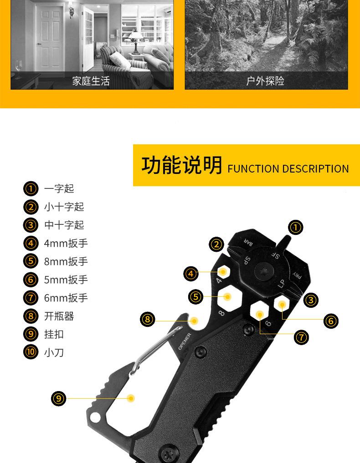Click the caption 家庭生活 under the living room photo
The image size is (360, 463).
tap(91, 81)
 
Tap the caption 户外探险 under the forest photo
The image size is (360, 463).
tap(265, 81)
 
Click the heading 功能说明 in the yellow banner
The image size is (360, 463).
tap(181, 165)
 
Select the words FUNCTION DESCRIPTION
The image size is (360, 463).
tap(288, 169)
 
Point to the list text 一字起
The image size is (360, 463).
tap(59, 188)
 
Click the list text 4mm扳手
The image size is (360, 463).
tap(66, 243)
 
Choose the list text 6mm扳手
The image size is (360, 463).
tap(66, 298)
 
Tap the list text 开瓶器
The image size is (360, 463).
tap(59, 316)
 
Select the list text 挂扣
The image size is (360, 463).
tap(54, 334)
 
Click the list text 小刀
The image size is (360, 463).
tap(54, 352)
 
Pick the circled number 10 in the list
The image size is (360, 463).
tap(31, 352)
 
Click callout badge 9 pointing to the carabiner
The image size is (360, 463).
tap(59, 399)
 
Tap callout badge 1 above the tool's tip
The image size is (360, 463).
tap(296, 227)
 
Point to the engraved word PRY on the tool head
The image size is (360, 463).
tap(297, 275)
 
